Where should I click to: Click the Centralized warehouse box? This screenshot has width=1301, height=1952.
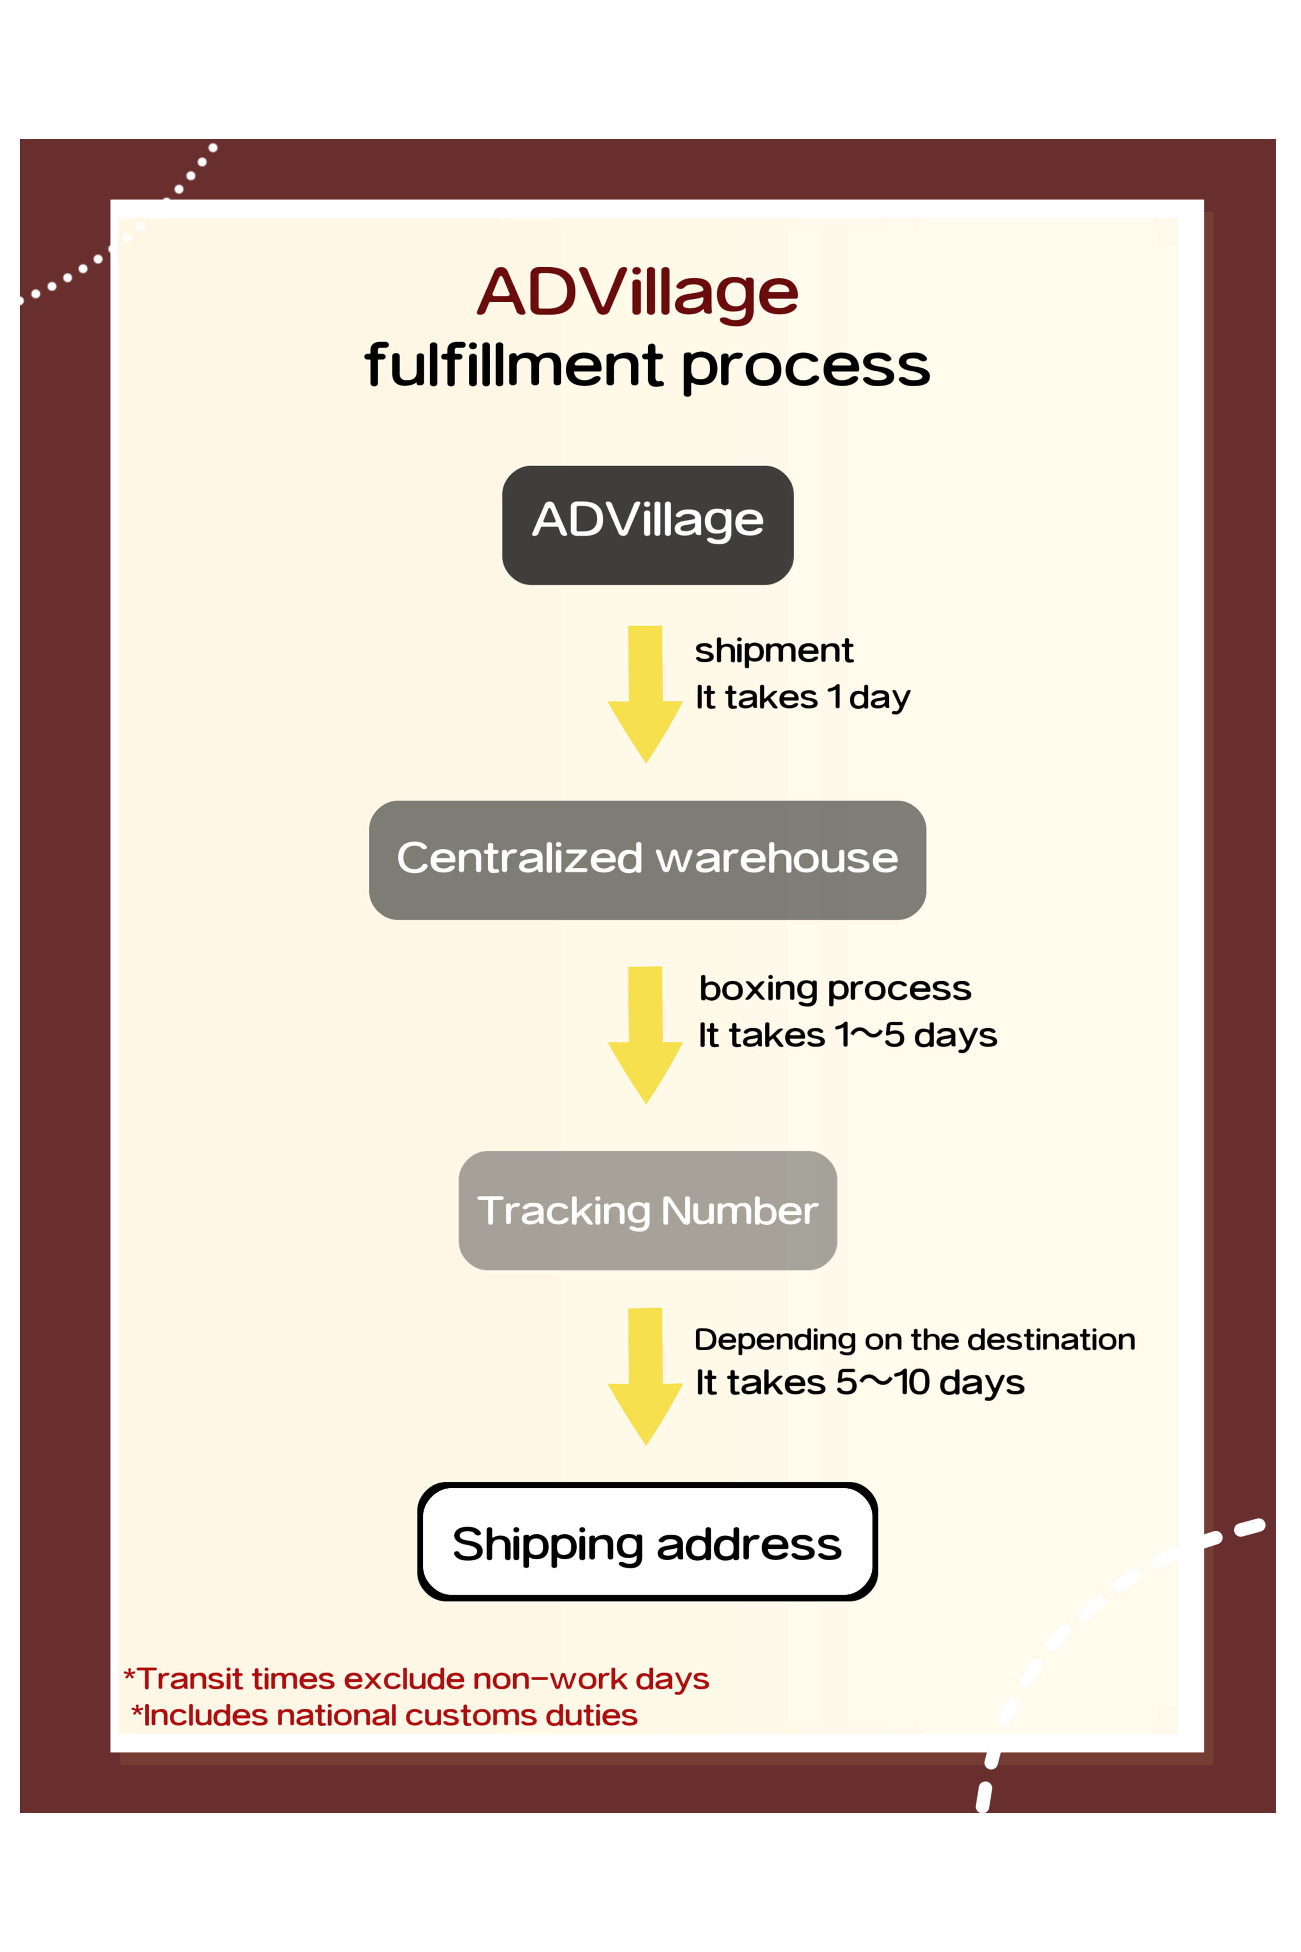[647, 860]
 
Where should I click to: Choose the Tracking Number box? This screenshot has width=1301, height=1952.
[647, 1210]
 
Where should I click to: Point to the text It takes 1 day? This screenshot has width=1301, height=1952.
[802, 697]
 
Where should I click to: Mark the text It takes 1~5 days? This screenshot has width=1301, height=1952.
[847, 1035]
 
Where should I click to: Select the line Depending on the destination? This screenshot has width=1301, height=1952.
[914, 1339]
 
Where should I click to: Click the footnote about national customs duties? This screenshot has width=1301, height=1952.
[384, 1715]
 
